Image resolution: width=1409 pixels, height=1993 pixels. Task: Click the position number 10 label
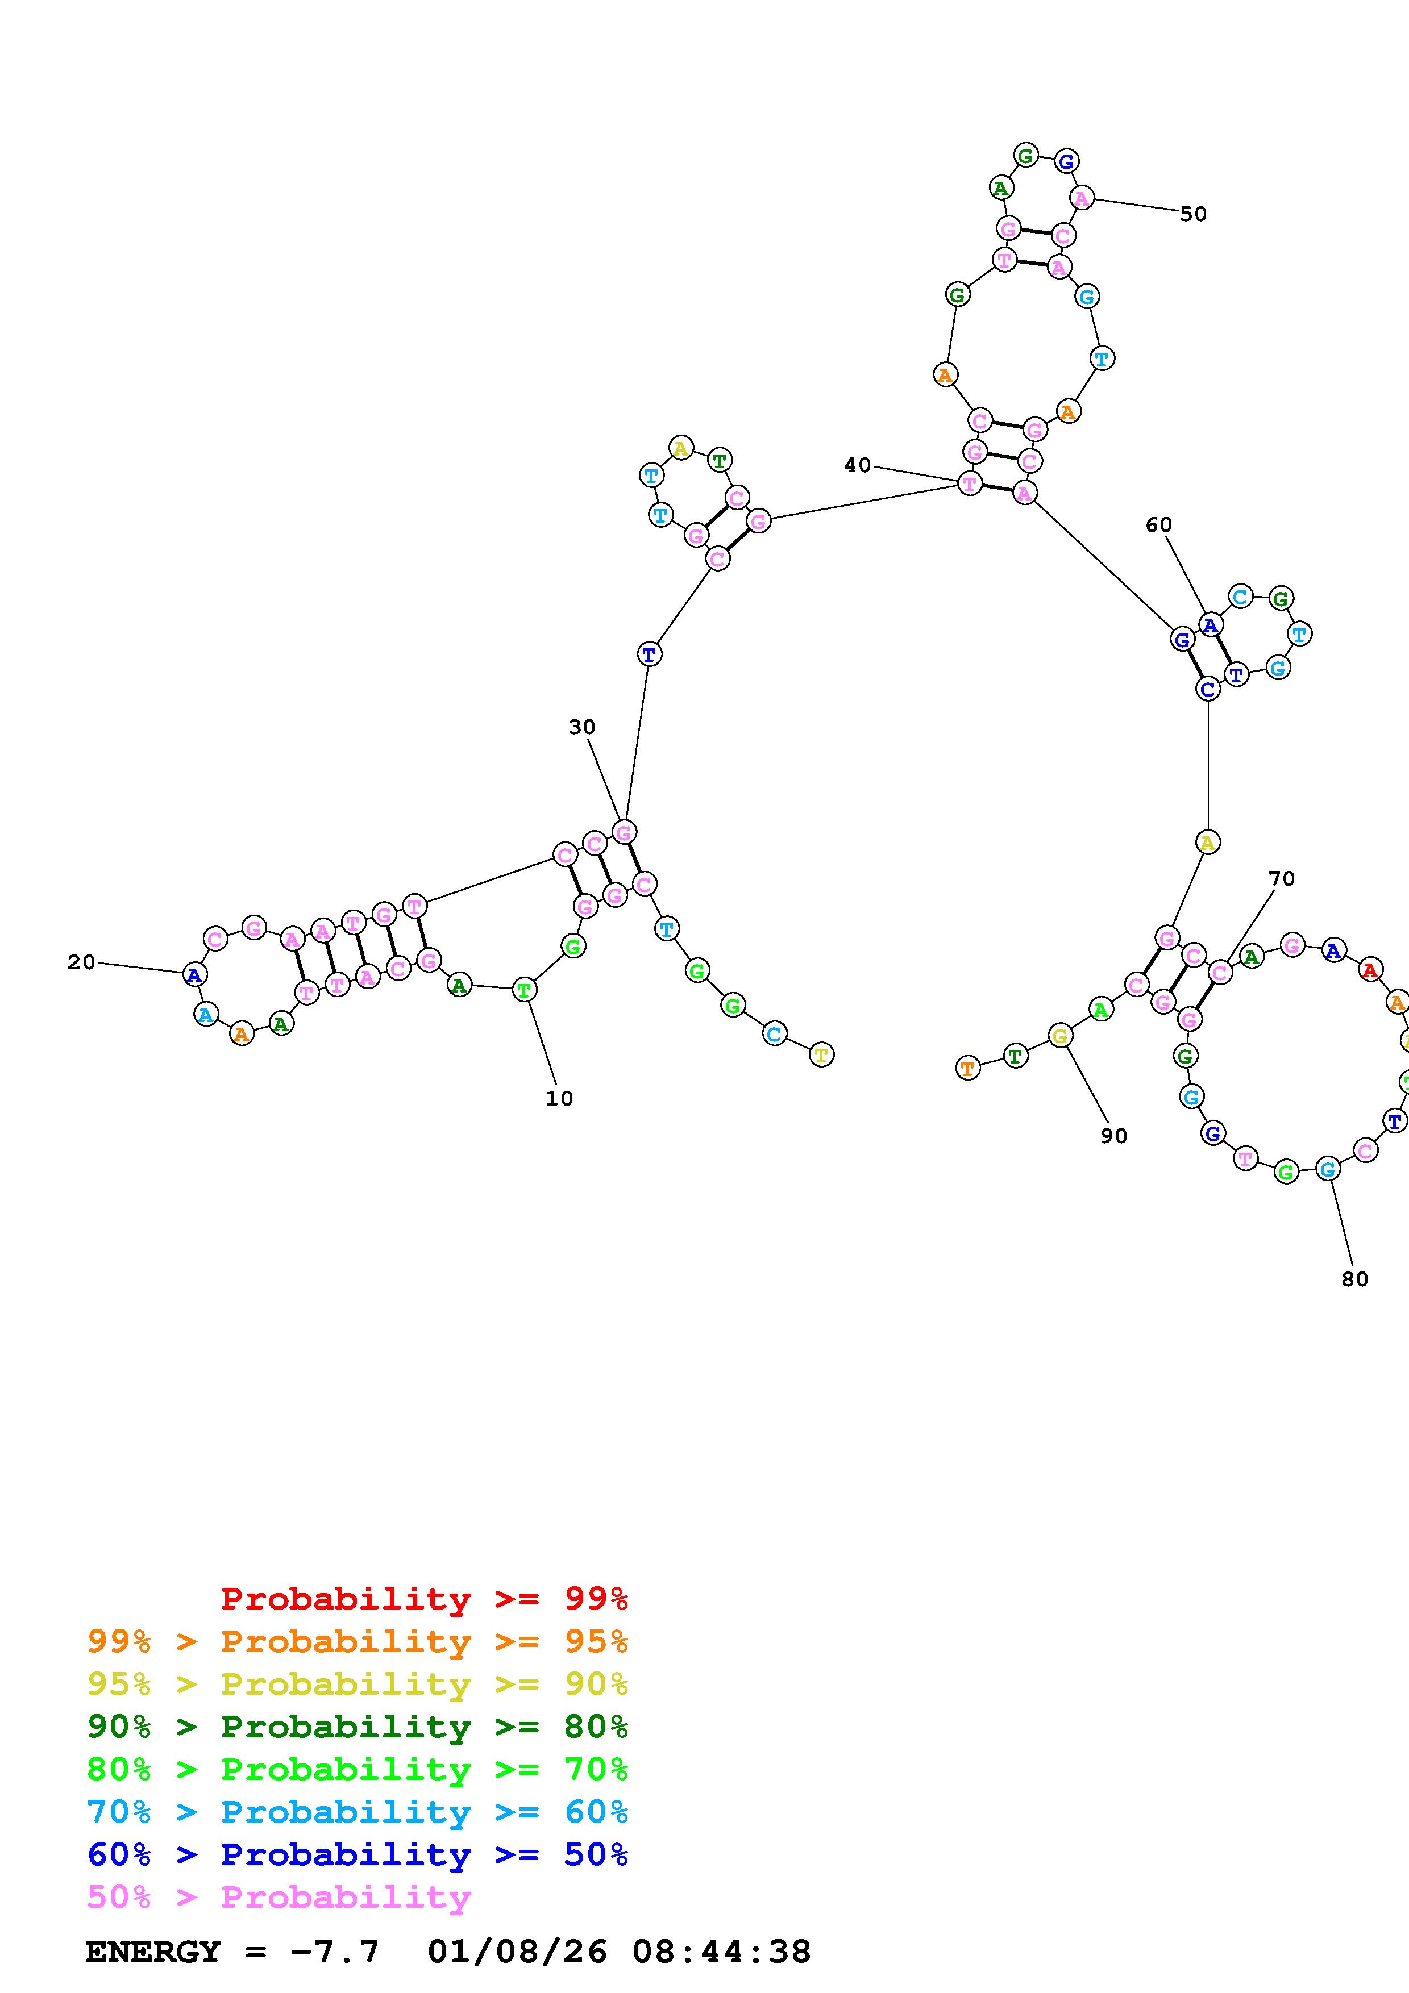pyautogui.click(x=559, y=1099)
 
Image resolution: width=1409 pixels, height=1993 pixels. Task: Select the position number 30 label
pyautogui.click(x=581, y=727)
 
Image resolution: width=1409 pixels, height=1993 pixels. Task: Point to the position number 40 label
pyautogui.click(x=857, y=465)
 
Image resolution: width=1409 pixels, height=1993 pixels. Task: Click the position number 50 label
pyautogui.click(x=1193, y=214)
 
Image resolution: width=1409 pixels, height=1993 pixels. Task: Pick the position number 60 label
pyautogui.click(x=1158, y=524)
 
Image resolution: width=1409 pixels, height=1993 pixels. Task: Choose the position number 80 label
pyautogui.click(x=1354, y=1279)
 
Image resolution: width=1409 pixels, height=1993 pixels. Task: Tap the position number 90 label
pyautogui.click(x=1114, y=1136)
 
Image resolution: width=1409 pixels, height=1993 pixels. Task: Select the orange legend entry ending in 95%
pyautogui.click(x=358, y=1641)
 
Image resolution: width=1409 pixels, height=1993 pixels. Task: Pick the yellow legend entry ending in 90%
pyautogui.click(x=358, y=1684)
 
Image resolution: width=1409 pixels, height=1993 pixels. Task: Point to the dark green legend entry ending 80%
pyautogui.click(x=358, y=1727)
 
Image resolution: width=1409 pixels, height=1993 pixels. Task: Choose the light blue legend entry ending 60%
pyautogui.click(x=358, y=1812)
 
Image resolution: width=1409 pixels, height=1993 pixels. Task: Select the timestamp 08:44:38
pyautogui.click(x=721, y=1952)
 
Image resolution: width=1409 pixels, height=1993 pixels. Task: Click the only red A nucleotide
pyautogui.click(x=1370, y=970)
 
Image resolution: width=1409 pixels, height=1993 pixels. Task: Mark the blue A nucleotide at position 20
pyautogui.click(x=194, y=975)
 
